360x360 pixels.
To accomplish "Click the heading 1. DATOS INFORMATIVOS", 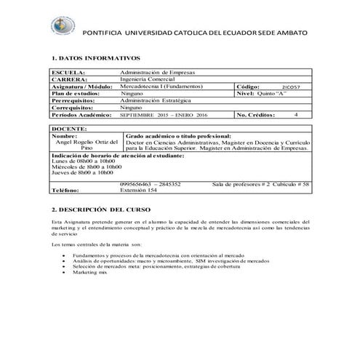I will click(96, 57).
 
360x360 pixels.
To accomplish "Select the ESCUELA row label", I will click(69, 73).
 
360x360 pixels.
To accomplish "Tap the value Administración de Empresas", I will click(157, 73).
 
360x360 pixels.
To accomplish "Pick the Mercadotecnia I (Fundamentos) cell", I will click(162, 87).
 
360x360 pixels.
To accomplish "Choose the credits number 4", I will click(296, 114).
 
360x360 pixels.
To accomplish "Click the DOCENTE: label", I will click(70, 128).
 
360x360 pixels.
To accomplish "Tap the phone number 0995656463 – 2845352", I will click(151, 185).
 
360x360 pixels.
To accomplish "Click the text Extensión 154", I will click(137, 191).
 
